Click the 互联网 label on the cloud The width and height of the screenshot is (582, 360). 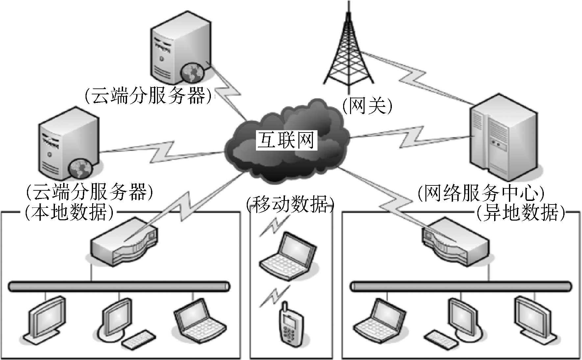286,140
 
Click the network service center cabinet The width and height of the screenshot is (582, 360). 504,135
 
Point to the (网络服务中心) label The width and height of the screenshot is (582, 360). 481,194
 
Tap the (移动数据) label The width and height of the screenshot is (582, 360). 290,204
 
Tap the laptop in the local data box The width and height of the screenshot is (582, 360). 199,321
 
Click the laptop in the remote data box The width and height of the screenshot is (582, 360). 380,321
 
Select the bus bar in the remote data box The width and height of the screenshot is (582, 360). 461,286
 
